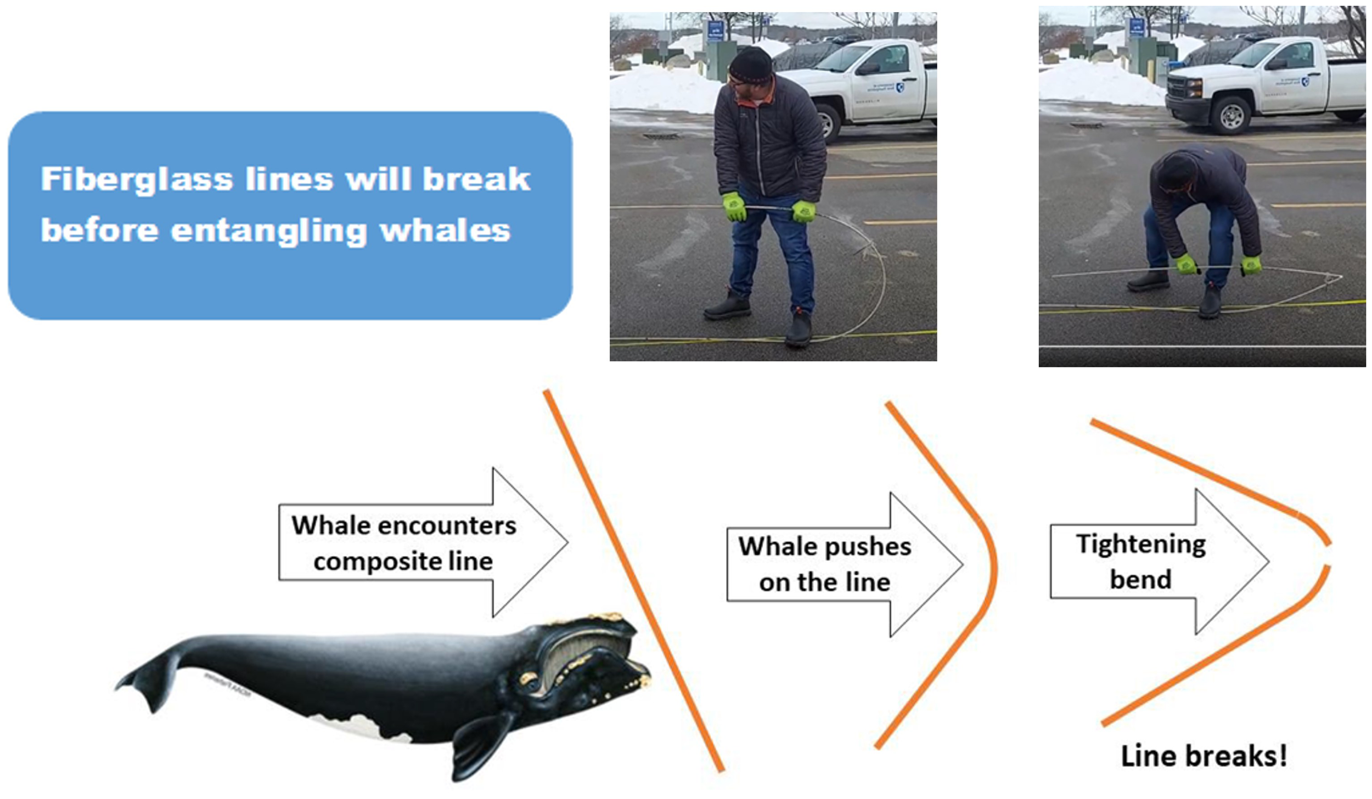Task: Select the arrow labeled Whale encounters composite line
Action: pyautogui.click(x=423, y=542)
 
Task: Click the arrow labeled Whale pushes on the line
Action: pyautogui.click(x=845, y=564)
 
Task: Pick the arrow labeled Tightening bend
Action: pyautogui.click(x=1159, y=561)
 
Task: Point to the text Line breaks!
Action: pyautogui.click(x=1204, y=756)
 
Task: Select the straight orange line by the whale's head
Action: pyautogui.click(x=634, y=581)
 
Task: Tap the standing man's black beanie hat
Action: pyautogui.click(x=750, y=65)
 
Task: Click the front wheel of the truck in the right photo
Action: pyautogui.click(x=1232, y=115)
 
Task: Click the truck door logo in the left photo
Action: pyautogui.click(x=899, y=87)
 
